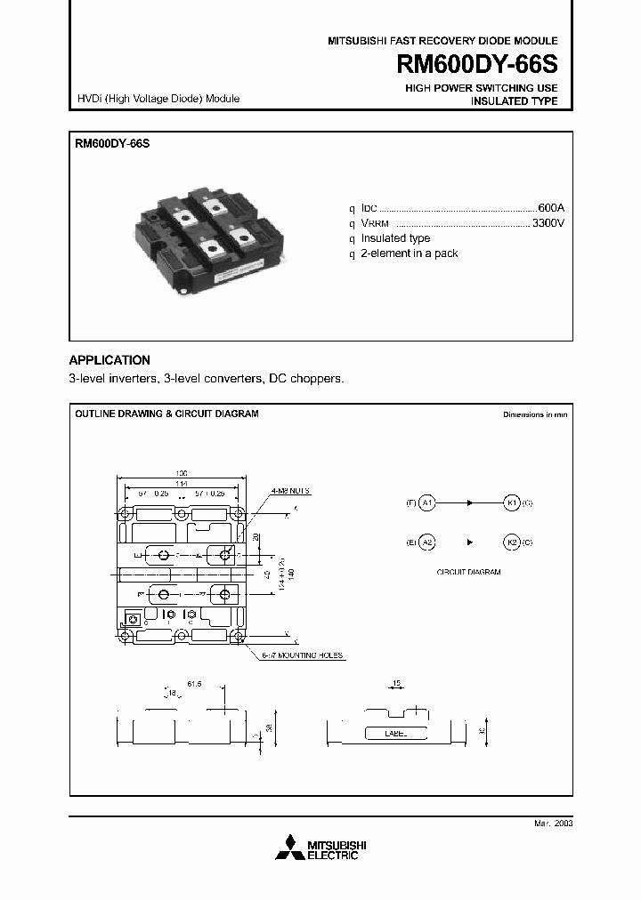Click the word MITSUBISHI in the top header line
click(x=356, y=41)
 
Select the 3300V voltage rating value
click(x=548, y=223)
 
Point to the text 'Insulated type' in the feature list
click(x=394, y=238)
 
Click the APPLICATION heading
click(x=110, y=360)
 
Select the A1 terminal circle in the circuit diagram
click(x=426, y=502)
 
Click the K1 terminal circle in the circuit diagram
click(x=512, y=502)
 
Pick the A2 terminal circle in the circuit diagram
click(x=426, y=542)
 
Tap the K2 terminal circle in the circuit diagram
click(x=512, y=542)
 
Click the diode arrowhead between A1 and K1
click(x=469, y=502)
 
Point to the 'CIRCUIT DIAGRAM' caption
click(x=468, y=572)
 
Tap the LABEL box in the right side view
click(x=395, y=734)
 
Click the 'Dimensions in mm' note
click(x=534, y=414)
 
